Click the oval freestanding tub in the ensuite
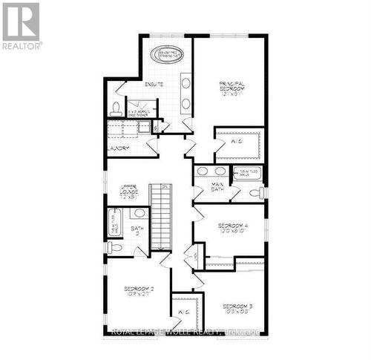tap(168, 54)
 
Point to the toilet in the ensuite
tap(116, 109)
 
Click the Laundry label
tap(119, 148)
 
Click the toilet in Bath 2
tap(114, 247)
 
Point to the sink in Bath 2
tap(139, 213)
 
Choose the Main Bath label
tap(217, 189)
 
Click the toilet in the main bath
tap(253, 194)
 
